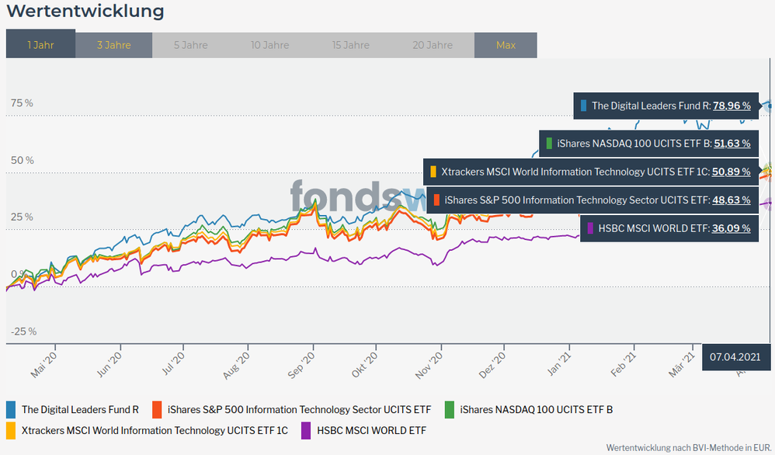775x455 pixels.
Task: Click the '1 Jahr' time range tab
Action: [40, 44]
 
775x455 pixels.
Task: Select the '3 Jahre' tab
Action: [113, 44]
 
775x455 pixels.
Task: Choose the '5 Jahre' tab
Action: [190, 44]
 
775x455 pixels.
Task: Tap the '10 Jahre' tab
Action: [270, 44]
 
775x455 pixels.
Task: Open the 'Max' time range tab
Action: [506, 44]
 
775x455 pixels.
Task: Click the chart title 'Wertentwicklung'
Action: [85, 11]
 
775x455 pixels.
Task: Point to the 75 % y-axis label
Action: [22, 103]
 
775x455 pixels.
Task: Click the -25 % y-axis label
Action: [23, 332]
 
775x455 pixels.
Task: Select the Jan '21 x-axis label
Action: [560, 362]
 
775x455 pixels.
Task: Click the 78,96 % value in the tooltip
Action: [732, 106]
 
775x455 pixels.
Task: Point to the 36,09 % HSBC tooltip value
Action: [731, 228]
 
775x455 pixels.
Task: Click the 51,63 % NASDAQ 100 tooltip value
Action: [732, 143]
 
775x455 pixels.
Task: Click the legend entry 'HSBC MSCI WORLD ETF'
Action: [371, 429]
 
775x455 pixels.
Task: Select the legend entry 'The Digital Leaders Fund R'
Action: [80, 409]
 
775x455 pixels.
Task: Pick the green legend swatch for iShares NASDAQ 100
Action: [449, 409]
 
